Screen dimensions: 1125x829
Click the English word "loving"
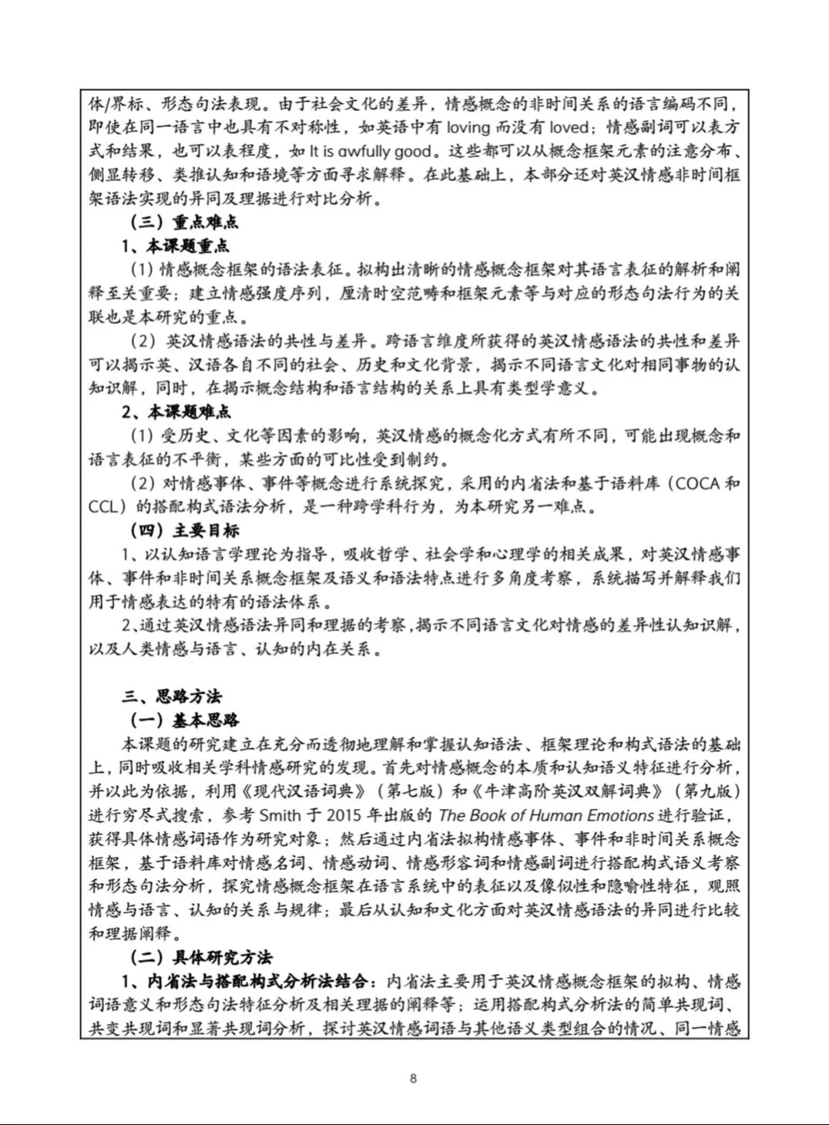pyautogui.click(x=469, y=127)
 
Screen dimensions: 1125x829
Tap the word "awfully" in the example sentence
pyautogui.click(x=365, y=151)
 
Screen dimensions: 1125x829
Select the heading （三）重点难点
pyautogui.click(x=184, y=222)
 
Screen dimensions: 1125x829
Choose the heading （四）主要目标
pyautogui.click(x=184, y=530)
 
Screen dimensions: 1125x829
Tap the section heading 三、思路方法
pyautogui.click(x=172, y=696)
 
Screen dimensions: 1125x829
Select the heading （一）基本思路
pyautogui.click(x=184, y=720)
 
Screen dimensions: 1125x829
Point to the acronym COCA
pyautogui.click(x=697, y=483)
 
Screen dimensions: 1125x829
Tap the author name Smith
pyautogui.click(x=281, y=815)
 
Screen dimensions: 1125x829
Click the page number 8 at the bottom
pyautogui.click(x=414, y=1078)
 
